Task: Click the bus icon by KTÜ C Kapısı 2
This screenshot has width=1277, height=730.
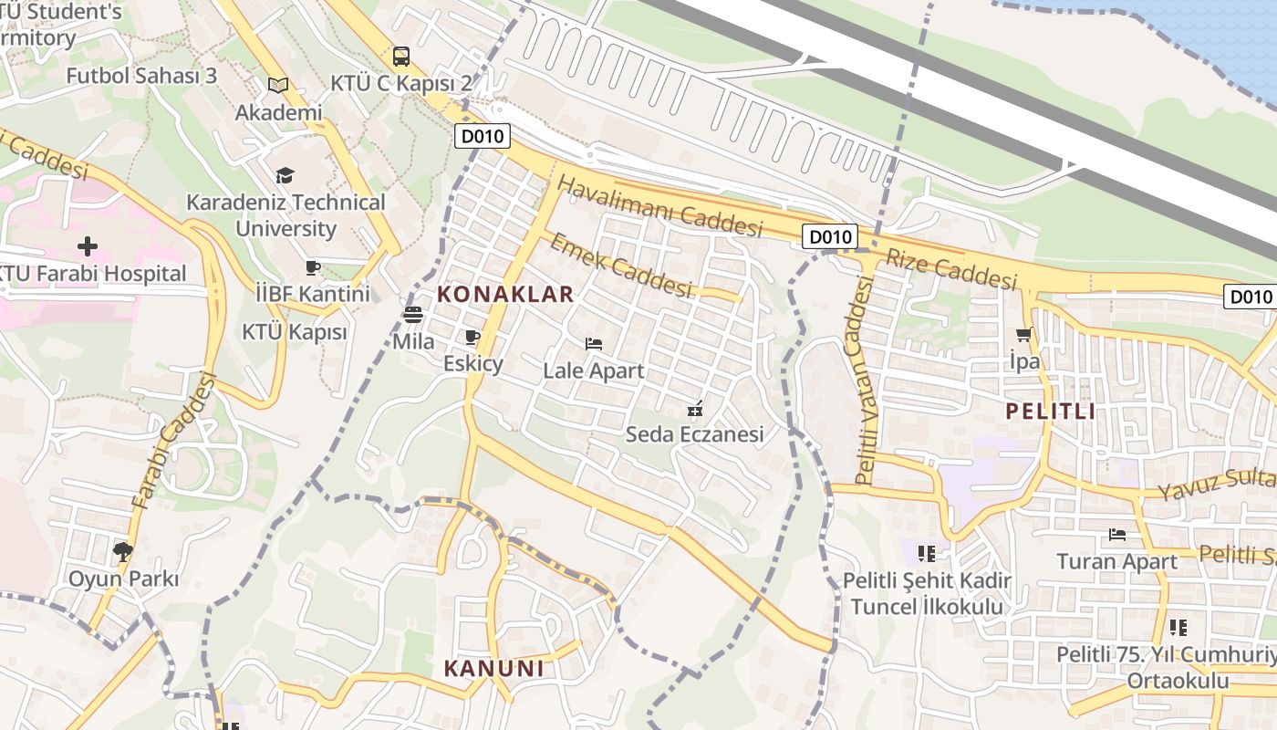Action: tap(400, 57)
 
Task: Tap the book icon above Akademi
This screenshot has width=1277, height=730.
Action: tap(278, 85)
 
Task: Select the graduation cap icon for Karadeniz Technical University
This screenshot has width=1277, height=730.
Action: tap(286, 174)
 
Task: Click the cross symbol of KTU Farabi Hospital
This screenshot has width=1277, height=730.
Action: tap(88, 246)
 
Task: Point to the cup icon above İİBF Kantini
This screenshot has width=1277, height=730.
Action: tap(313, 267)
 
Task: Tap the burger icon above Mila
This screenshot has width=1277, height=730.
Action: tap(413, 316)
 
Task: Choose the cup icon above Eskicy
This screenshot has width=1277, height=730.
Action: tap(472, 337)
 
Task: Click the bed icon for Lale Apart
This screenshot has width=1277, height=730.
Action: tap(594, 344)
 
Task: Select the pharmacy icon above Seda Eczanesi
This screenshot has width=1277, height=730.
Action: tap(695, 408)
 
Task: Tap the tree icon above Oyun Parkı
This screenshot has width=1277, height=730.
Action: tap(123, 551)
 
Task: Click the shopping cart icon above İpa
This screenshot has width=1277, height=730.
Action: tap(1024, 335)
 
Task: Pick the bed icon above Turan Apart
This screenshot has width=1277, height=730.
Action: tap(1117, 534)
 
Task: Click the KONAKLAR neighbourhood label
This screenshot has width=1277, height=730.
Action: tap(505, 294)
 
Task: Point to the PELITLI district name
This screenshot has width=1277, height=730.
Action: tap(1050, 411)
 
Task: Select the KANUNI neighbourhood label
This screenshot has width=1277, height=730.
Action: tap(493, 668)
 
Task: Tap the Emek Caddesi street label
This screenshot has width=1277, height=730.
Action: tap(620, 265)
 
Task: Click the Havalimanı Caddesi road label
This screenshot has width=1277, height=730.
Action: tap(659, 206)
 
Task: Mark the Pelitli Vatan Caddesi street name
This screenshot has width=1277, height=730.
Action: tap(863, 381)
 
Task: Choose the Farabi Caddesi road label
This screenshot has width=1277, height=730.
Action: tap(173, 441)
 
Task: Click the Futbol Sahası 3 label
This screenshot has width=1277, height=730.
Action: tap(141, 76)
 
